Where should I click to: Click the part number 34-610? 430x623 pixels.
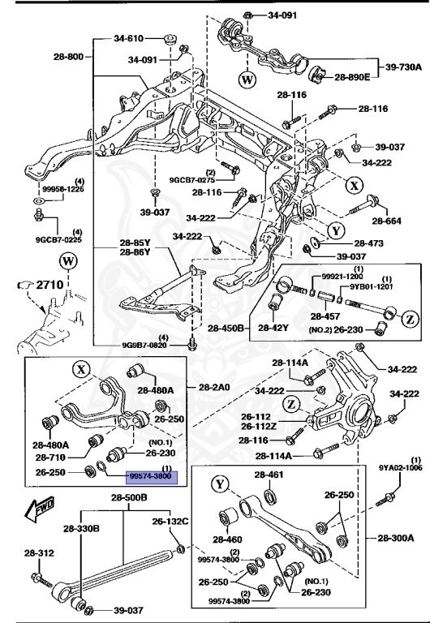tap(128, 38)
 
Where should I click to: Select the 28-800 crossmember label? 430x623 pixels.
tap(69, 57)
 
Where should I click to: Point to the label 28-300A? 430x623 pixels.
tap(395, 537)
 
